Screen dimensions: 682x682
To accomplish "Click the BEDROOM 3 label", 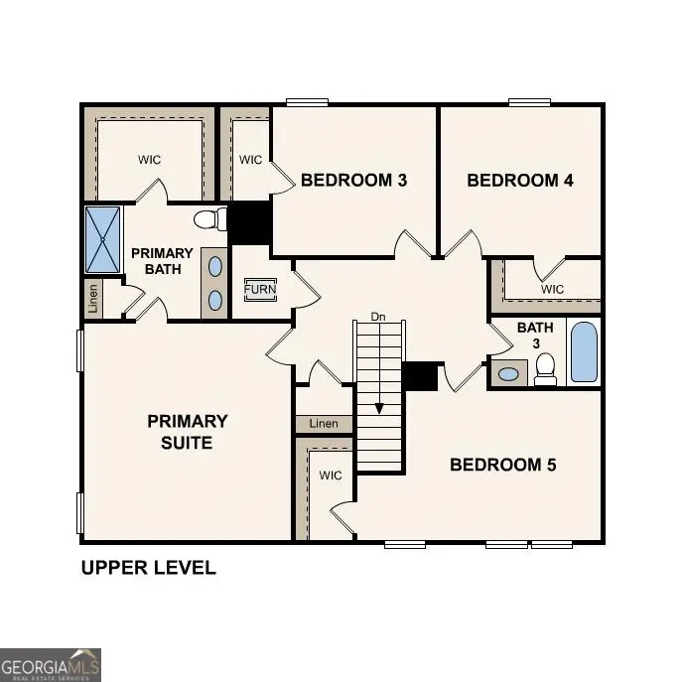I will (353, 181).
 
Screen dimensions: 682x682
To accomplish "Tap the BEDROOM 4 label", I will (520, 181).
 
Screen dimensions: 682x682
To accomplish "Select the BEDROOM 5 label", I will (502, 465).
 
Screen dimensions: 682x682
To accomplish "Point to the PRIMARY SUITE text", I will (187, 432).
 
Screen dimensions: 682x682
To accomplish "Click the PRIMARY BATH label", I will (162, 261).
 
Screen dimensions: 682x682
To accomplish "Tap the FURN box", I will (261, 290).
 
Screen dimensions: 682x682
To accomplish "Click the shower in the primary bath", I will (102, 239).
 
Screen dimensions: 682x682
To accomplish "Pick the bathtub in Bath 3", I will (584, 351).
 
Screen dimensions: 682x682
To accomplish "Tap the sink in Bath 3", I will (508, 374).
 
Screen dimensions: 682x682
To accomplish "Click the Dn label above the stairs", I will (377, 317).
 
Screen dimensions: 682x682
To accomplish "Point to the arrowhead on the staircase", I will (378, 408).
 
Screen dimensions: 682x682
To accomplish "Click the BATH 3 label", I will (528, 336).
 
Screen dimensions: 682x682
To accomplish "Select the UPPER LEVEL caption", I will (148, 568).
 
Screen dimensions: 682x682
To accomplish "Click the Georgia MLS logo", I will (50, 664).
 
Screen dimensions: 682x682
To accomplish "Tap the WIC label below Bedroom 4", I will (552, 289).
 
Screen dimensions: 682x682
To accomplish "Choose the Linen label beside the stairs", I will (324, 424).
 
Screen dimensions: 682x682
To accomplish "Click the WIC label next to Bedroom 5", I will (331, 476).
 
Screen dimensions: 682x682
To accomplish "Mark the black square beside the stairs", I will (420, 376).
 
